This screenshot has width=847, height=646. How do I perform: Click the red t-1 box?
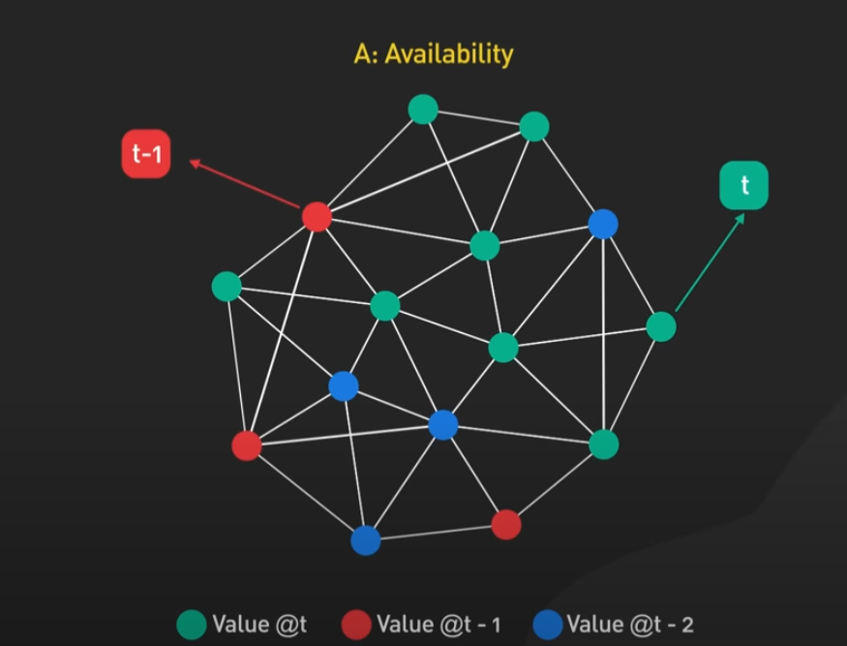tap(146, 154)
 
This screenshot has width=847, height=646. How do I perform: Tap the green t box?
tap(743, 185)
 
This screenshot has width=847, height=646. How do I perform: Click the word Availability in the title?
tap(448, 53)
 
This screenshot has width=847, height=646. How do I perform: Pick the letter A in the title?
tap(363, 53)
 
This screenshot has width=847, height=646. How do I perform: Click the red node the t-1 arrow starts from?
tap(317, 216)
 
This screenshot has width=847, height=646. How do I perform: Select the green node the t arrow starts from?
tap(661, 326)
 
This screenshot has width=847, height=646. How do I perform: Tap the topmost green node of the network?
tap(423, 109)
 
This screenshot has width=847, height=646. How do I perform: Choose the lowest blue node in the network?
tap(365, 539)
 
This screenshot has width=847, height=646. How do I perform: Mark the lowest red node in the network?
tap(506, 525)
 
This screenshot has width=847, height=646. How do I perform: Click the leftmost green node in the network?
tap(227, 287)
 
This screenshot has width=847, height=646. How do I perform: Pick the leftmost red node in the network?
tap(247, 446)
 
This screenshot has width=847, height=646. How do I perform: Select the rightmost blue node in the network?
tap(603, 225)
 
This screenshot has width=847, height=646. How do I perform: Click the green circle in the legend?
tap(192, 624)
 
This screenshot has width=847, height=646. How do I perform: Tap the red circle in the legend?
tap(357, 624)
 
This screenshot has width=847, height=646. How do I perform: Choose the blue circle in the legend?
tap(547, 624)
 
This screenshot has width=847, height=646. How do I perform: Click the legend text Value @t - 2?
tap(630, 624)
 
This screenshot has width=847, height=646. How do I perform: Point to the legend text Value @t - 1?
tap(439, 624)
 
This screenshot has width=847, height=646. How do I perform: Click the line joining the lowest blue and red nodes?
tap(436, 533)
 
